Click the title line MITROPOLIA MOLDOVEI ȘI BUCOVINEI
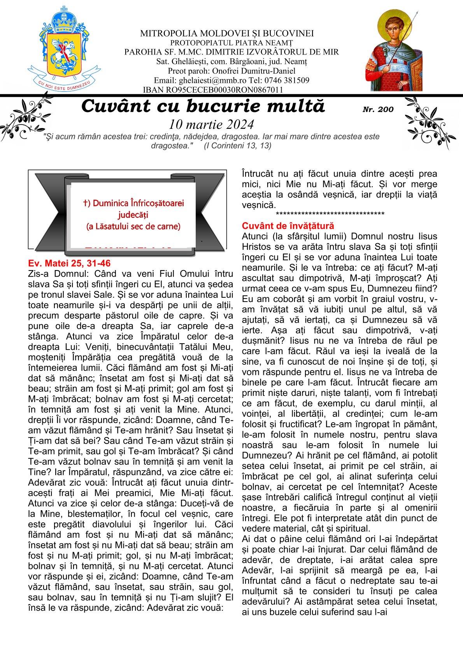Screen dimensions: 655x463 tap(227, 33)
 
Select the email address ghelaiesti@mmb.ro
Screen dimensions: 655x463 tap(203, 81)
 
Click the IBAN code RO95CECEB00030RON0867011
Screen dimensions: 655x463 tap(213, 90)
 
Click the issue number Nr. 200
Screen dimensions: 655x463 tap(378, 109)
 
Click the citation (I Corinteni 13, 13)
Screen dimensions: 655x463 tap(237, 146)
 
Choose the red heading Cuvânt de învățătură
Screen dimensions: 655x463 tap(288, 226)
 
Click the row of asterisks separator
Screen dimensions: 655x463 tap(330, 214)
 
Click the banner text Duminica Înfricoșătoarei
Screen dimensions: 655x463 tap(133, 203)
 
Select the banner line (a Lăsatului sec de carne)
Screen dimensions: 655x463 tap(133, 227)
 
